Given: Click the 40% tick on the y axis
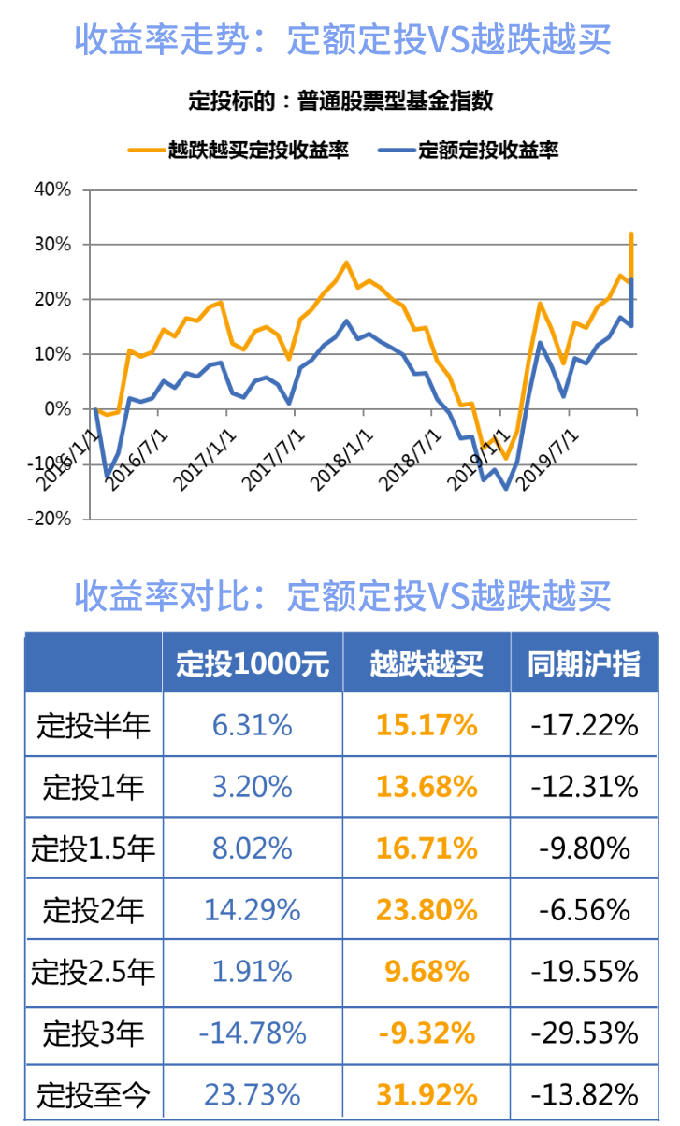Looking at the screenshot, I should (52, 190).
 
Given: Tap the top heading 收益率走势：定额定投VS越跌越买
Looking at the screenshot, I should (340, 39).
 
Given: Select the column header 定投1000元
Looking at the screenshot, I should (253, 663).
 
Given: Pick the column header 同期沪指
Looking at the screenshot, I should (584, 663).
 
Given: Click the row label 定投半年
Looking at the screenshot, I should (94, 725).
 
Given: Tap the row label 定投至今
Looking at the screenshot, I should (94, 1094).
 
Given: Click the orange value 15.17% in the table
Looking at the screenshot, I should (427, 725).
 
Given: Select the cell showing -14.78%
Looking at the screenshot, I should (253, 1033).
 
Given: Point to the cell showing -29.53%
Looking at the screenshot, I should (584, 1033).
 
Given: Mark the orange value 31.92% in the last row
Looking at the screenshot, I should (427, 1094).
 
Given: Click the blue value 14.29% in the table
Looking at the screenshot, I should (253, 909).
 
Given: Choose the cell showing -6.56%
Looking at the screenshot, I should (584, 909).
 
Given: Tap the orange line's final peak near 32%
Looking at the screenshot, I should (632, 234).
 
